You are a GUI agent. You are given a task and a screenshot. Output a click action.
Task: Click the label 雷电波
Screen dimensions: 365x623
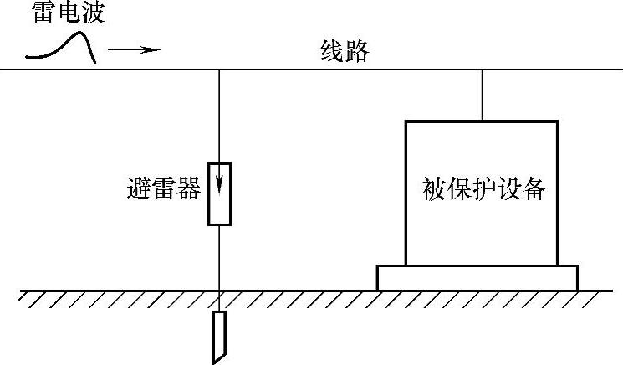(x=69, y=13)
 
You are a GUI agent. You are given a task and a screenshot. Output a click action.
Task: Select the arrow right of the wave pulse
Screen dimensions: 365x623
(x=133, y=49)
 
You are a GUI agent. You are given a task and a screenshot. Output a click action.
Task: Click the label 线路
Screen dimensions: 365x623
(x=345, y=52)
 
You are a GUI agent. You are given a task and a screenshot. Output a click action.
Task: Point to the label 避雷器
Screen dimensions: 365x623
(x=163, y=189)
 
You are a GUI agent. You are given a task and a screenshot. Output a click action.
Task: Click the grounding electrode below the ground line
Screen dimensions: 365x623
(x=219, y=335)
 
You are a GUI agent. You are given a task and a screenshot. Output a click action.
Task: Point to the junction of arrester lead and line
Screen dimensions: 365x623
(x=219, y=71)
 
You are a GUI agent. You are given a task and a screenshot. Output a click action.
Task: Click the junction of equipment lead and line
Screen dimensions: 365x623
(x=482, y=71)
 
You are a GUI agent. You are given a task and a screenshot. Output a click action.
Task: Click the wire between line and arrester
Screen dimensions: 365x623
(x=219, y=117)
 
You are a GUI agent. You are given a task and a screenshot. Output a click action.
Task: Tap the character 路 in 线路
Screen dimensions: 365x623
(x=357, y=52)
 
